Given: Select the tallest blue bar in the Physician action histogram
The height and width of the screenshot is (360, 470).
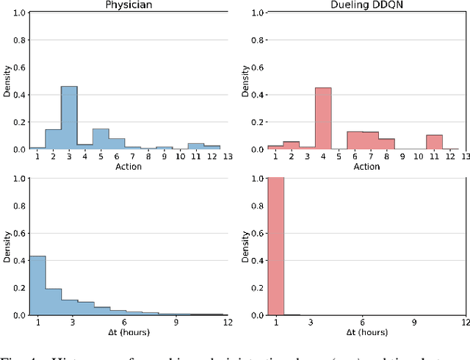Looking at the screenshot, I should point(68,118).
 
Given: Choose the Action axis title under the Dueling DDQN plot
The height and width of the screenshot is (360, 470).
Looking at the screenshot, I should point(367,166).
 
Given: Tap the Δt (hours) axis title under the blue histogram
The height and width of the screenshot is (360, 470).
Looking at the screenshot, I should point(127,333).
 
